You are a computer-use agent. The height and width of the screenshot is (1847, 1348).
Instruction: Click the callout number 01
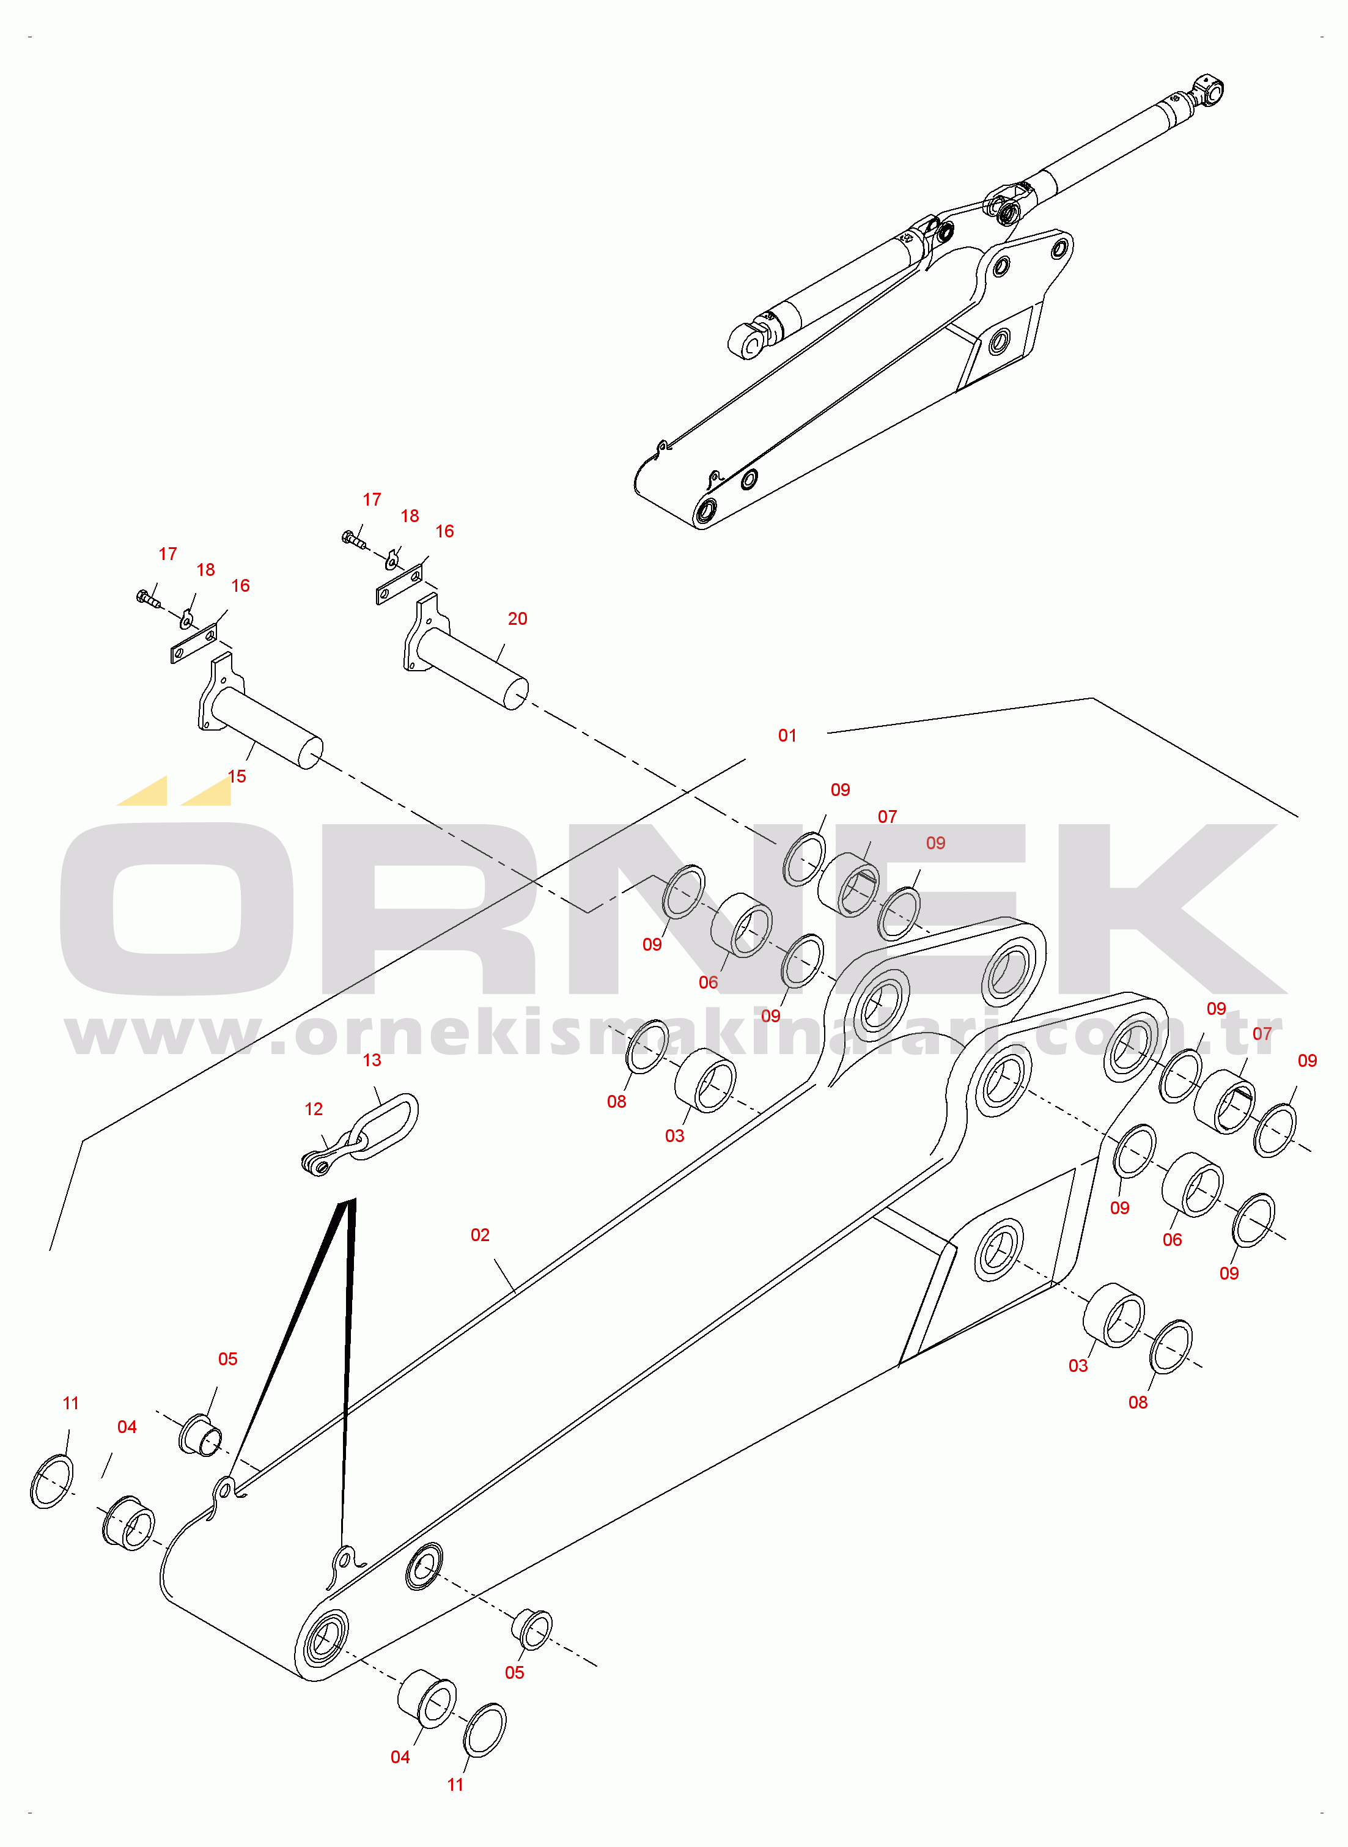click(787, 736)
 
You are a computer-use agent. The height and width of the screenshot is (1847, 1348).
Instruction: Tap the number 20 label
click(517, 619)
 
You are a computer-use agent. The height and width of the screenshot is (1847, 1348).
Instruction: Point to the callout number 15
click(237, 776)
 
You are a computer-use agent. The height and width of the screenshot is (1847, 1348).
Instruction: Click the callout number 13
click(372, 1061)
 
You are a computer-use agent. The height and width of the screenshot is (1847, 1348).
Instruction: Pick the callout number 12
click(314, 1110)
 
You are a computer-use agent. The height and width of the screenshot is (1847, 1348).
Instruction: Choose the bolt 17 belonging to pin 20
click(353, 539)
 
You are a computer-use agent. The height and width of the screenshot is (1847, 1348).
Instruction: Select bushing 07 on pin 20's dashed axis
click(849, 885)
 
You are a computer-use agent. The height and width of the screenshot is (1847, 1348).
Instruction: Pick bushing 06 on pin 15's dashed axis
click(742, 925)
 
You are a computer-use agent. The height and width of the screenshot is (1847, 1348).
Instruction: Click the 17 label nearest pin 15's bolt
click(168, 554)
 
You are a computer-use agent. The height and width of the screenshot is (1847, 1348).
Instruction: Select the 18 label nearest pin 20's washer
click(410, 517)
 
